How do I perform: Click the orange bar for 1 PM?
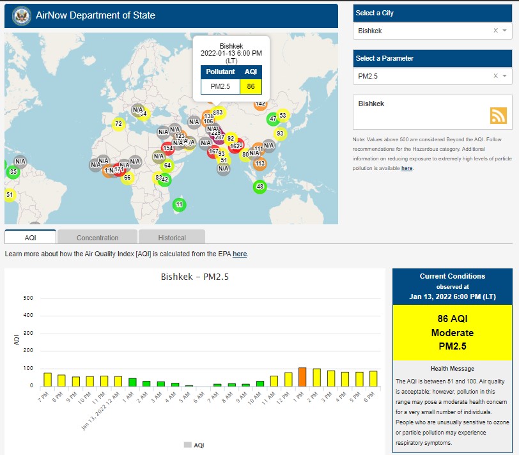pos(302,377)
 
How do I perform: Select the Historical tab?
pos(172,238)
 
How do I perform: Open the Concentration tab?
pos(97,238)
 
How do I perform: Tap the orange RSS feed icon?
pos(498,116)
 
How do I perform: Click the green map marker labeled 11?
pos(180,204)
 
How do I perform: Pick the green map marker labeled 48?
pos(259,187)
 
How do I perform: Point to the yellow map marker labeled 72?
pos(118,124)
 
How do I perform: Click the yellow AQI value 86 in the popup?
pos(251,86)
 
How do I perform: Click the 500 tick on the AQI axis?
pos(28,298)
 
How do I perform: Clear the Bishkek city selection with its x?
pos(495,31)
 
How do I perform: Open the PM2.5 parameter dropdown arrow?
pos(504,76)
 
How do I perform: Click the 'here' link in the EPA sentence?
pos(240,254)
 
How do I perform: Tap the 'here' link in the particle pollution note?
pos(407,168)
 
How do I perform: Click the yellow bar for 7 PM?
pos(48,379)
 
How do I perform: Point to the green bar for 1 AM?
pos(132,382)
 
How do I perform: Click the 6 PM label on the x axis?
pos(371,397)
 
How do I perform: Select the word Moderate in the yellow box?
pos(452,333)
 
